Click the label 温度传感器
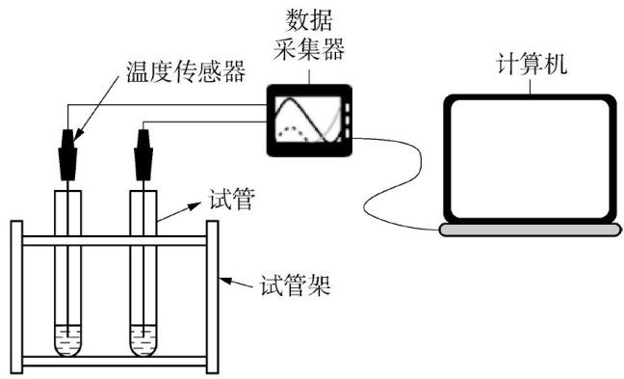(186, 71)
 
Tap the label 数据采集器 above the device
(309, 35)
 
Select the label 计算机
(532, 64)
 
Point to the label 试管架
(296, 285)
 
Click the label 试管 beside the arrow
(232, 199)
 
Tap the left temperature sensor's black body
(67, 154)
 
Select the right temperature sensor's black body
(143, 154)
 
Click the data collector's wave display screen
(308, 120)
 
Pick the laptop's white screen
(532, 159)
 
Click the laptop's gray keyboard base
(530, 230)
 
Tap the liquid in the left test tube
(67, 340)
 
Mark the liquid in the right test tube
(143, 340)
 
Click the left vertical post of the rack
(16, 297)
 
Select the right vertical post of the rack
(212, 297)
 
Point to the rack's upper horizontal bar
(115, 240)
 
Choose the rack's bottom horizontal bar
(115, 362)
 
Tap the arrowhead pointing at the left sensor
(78, 135)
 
